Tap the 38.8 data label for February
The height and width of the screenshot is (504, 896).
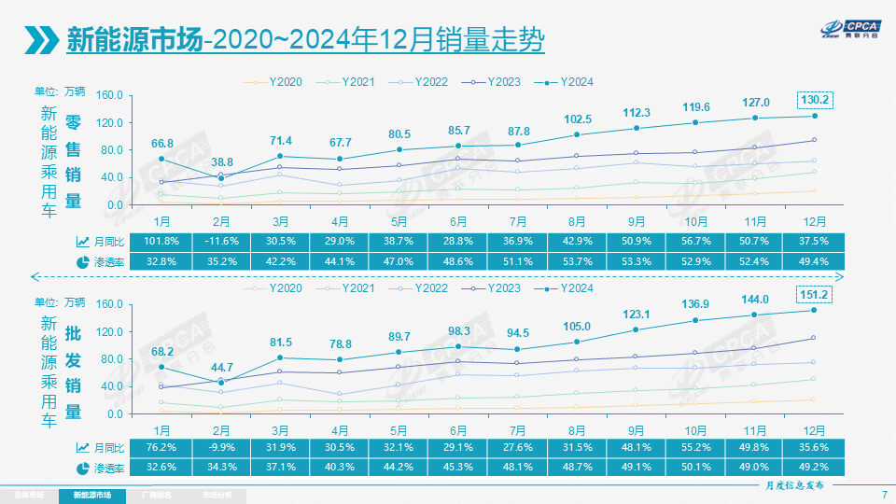coord(221,161)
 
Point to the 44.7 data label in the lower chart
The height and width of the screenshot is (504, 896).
coord(221,366)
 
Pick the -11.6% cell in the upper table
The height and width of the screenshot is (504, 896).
coord(221,242)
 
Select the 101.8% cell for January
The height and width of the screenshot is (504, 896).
coord(162,242)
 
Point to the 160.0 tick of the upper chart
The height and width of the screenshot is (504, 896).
coord(110,95)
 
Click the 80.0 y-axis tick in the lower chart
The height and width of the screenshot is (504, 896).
coord(110,359)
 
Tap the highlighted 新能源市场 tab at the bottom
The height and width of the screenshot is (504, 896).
coord(91,495)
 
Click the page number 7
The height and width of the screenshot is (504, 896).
coord(884,494)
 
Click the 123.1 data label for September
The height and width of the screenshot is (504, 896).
coord(637,315)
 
